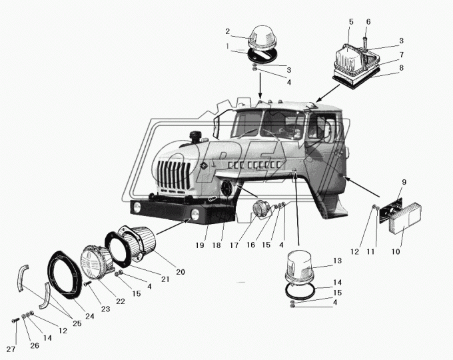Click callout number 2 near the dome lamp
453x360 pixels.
tap(228, 31)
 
